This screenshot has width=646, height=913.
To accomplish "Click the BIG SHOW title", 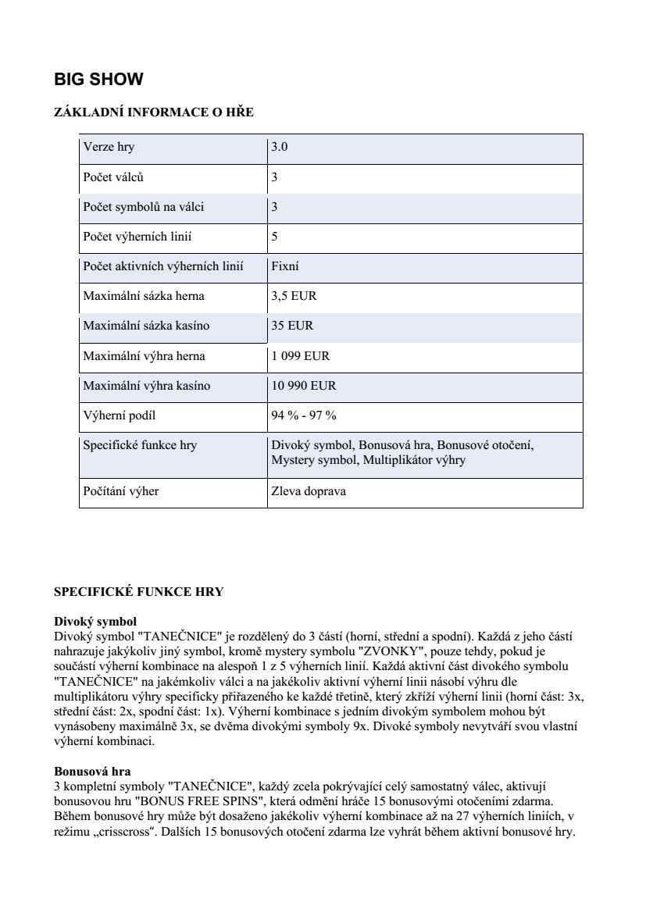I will (x=98, y=80).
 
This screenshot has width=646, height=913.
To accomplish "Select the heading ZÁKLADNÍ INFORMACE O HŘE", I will (x=154, y=112).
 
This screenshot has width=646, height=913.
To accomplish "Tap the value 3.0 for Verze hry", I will (x=279, y=148).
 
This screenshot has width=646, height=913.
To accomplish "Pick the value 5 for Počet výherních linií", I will (x=274, y=237).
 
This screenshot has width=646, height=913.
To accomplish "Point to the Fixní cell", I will (x=285, y=266).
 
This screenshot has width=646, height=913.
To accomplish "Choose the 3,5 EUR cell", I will (x=294, y=296).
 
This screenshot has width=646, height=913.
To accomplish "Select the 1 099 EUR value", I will (x=301, y=356).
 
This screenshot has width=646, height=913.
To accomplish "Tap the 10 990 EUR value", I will (x=304, y=386).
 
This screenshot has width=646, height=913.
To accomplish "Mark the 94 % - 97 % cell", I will (x=304, y=415).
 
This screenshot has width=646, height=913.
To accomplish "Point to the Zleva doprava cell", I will (x=309, y=492).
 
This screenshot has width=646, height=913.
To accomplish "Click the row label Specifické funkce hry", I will (x=140, y=445).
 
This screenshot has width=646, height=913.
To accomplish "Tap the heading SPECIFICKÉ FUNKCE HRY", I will (x=138, y=592).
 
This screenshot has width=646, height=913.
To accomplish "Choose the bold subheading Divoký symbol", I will (x=95, y=622).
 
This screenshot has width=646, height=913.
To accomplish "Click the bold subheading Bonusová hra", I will (x=93, y=772).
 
